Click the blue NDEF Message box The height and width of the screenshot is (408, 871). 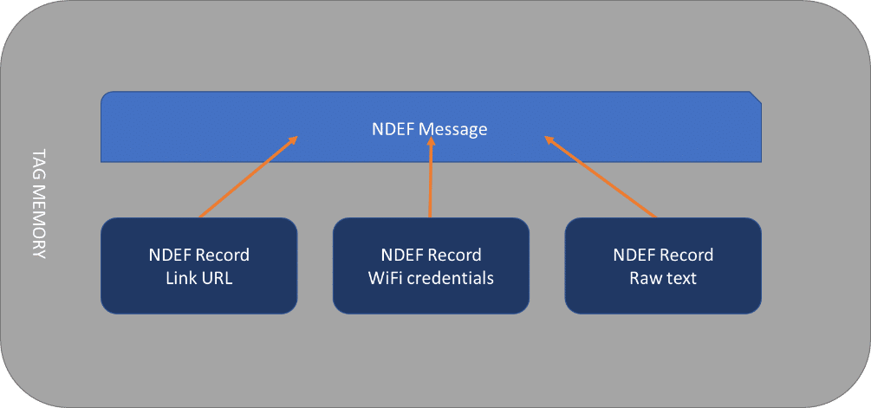pyautogui.click(x=431, y=126)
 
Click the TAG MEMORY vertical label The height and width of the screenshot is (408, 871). pyautogui.click(x=39, y=204)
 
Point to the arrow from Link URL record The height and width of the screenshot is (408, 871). pyautogui.click(x=249, y=177)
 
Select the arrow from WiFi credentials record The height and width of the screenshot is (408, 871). pyautogui.click(x=431, y=177)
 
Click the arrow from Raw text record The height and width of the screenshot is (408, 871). pyautogui.click(x=600, y=177)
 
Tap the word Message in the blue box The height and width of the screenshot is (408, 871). pyautogui.click(x=452, y=129)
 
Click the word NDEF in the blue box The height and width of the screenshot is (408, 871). pyautogui.click(x=393, y=129)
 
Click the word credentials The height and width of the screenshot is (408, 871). pyautogui.click(x=451, y=278)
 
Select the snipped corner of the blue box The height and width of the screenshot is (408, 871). pyautogui.click(x=756, y=97)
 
